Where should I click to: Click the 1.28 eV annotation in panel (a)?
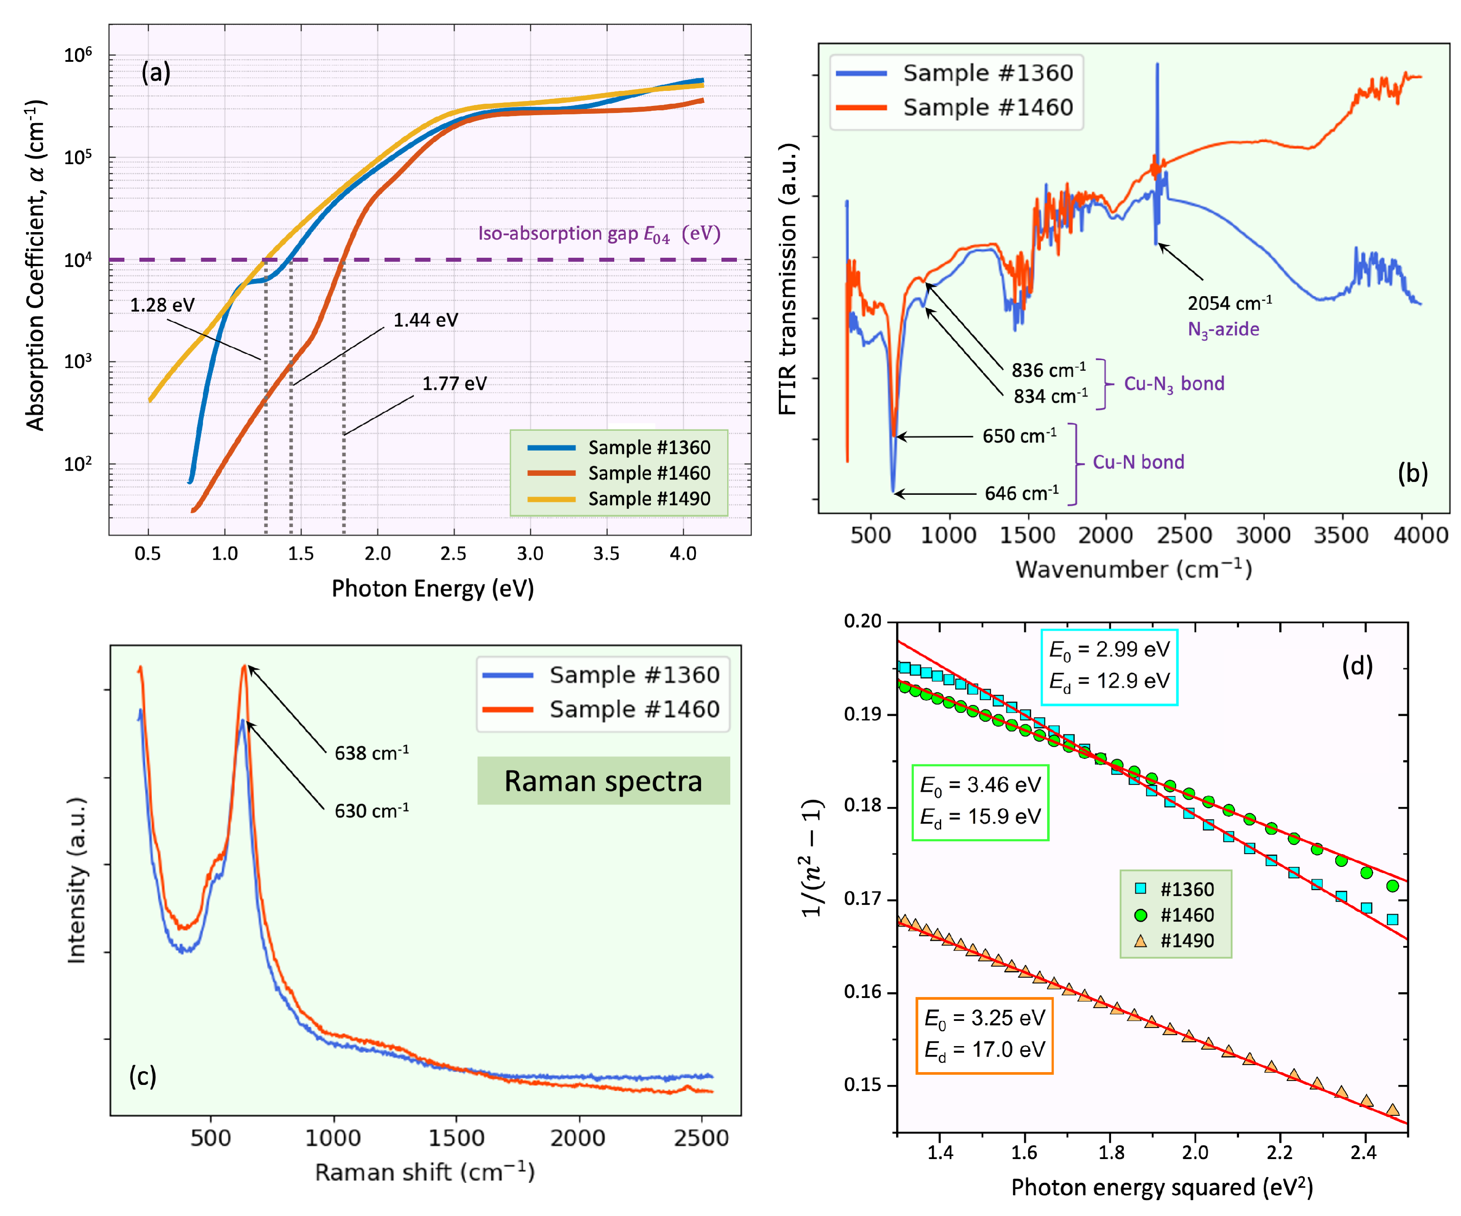coord(162,305)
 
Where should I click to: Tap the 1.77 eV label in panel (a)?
coord(454,384)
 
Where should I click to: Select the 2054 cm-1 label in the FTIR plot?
coord(1229,304)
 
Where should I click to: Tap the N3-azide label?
coord(1223,329)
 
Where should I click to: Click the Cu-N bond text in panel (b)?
coord(1138,462)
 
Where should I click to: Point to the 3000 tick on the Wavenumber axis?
coord(1263,535)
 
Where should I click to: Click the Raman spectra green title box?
coord(603,781)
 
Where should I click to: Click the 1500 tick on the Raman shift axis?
coord(456,1138)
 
